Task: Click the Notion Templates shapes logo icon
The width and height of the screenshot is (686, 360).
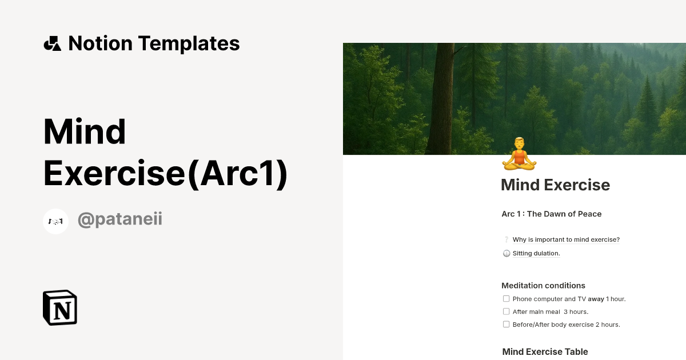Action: click(x=52, y=43)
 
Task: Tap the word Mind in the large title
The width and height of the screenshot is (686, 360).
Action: click(x=85, y=132)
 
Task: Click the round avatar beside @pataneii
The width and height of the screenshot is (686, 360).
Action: click(x=56, y=221)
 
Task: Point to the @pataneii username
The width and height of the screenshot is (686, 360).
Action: click(x=120, y=219)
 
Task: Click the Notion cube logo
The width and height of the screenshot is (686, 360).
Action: click(x=60, y=307)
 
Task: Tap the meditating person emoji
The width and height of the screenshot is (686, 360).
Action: click(x=519, y=154)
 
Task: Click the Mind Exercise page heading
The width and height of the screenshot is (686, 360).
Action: click(x=555, y=185)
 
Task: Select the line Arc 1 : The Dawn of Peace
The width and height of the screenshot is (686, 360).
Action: click(x=551, y=214)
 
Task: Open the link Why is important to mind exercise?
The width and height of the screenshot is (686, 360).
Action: click(x=566, y=239)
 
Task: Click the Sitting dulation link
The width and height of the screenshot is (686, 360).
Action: click(x=536, y=253)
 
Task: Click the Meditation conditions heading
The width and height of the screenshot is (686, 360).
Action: click(x=543, y=286)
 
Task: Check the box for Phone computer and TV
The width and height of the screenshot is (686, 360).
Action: click(x=506, y=299)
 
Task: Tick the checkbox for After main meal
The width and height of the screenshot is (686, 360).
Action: click(x=506, y=311)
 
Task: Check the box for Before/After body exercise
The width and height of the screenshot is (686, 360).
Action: click(x=506, y=325)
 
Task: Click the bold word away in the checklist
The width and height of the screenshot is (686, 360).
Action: click(x=596, y=299)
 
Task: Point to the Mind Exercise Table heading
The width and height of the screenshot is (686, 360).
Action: click(x=545, y=352)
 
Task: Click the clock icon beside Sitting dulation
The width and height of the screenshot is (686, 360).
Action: click(x=506, y=254)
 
